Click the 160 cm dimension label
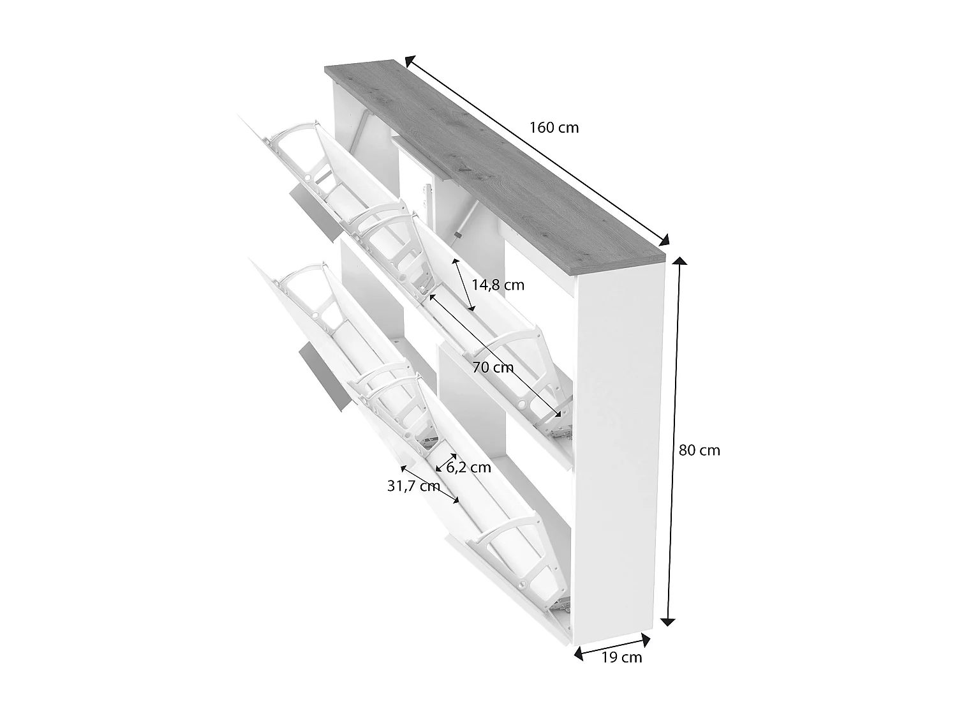(554, 128)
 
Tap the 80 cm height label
(699, 450)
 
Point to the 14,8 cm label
(498, 285)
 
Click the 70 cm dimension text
(493, 367)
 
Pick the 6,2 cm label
(468, 467)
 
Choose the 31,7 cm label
(413, 486)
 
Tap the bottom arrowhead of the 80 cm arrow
(669, 622)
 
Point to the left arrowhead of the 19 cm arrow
(578, 653)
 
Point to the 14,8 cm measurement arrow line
(464, 285)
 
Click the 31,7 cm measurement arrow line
(429, 483)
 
